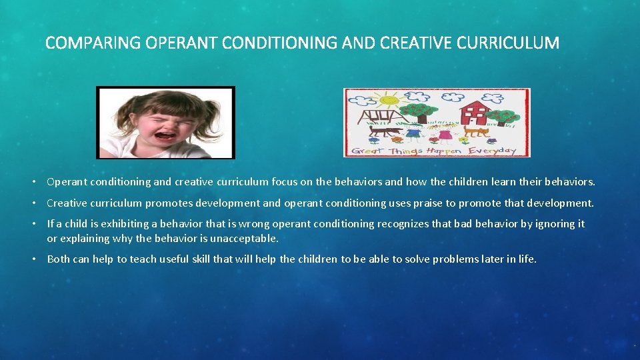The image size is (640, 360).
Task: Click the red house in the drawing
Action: click(475, 110)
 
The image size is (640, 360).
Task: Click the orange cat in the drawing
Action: click(476, 131)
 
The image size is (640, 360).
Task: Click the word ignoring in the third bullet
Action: click(539, 224)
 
